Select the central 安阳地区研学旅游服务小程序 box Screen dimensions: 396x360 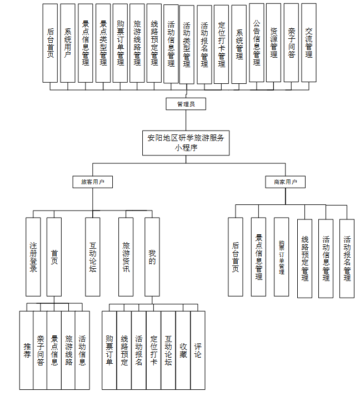click(x=186, y=143)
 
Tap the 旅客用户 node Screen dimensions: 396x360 click(x=93, y=182)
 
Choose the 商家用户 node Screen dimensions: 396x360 click(x=285, y=182)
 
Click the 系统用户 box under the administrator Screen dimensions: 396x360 click(x=68, y=43)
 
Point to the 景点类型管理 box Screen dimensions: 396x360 click(x=103, y=43)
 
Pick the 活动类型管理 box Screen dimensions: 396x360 click(x=187, y=44)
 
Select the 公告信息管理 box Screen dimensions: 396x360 click(x=256, y=43)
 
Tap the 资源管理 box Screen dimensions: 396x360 click(x=273, y=43)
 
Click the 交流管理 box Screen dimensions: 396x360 click(x=308, y=43)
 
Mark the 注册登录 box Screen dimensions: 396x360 click(x=33, y=256)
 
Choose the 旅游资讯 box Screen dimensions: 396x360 click(x=126, y=256)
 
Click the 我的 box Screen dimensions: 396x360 click(x=152, y=256)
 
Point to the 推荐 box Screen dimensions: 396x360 click(x=27, y=350)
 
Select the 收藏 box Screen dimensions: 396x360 click(x=183, y=350)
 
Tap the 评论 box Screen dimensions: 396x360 click(x=198, y=350)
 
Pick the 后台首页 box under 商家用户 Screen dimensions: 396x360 click(x=236, y=257)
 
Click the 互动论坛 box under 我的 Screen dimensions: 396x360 click(x=168, y=350)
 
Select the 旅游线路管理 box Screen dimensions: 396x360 click(x=137, y=43)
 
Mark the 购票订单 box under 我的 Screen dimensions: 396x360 click(x=109, y=350)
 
